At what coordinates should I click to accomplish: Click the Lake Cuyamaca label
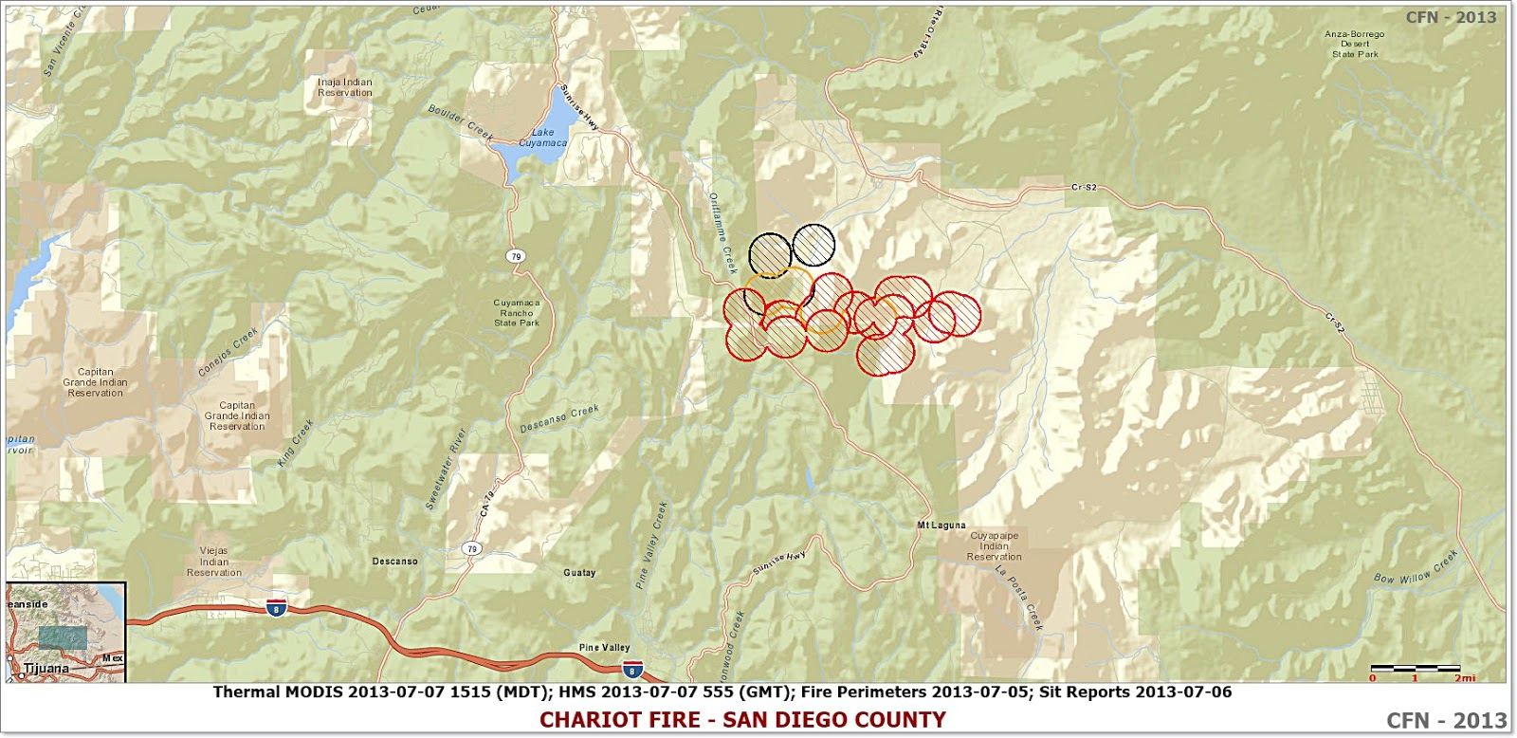point(542,138)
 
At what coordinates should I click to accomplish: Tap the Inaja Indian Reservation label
point(345,87)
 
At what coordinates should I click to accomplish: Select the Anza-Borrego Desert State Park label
point(1354,44)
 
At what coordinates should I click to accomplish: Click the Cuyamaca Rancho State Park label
point(517,313)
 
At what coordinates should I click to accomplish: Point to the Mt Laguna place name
point(941,525)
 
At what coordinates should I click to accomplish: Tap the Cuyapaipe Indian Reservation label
point(995,546)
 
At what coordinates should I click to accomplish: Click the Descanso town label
point(395,562)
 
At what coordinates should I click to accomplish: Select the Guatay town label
point(579,573)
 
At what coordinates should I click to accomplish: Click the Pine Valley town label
point(605,648)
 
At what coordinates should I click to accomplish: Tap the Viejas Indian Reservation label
point(214,562)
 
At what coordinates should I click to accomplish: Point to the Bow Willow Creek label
point(1416,567)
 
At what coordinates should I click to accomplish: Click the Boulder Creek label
point(461,122)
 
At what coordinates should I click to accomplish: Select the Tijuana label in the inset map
point(46,669)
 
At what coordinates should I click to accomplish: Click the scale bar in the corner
point(1416,670)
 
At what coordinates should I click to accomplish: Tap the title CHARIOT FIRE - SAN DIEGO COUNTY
point(742,720)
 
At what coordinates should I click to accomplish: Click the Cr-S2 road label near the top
point(1084,188)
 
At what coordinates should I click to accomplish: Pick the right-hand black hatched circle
point(813,245)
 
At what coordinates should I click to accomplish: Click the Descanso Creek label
point(559,418)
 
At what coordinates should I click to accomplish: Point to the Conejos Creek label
point(228,353)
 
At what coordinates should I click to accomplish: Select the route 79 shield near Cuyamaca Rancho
point(515,256)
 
